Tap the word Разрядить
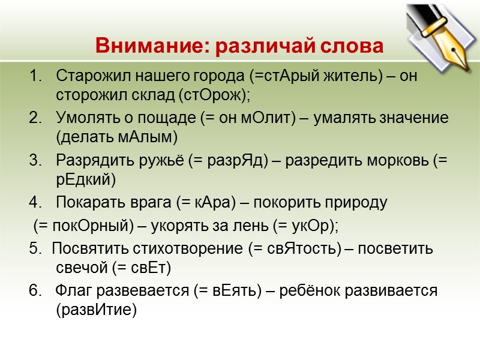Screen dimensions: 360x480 pos(88,161)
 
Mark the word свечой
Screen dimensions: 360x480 pos(80,267)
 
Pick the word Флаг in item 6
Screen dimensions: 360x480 pos(70,291)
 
